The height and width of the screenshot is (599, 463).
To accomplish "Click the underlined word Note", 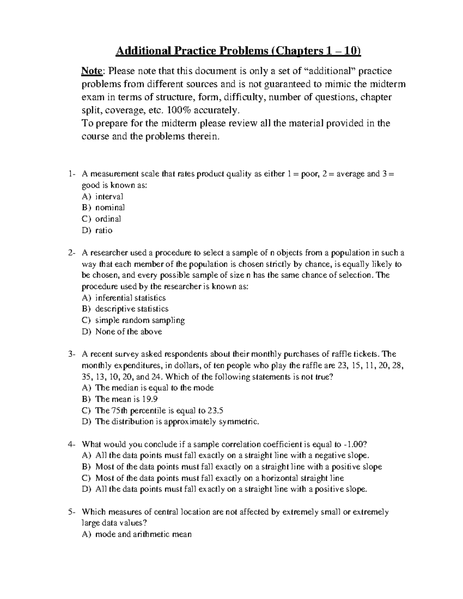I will click(92, 71).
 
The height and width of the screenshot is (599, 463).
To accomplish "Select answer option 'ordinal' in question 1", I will click(108, 219).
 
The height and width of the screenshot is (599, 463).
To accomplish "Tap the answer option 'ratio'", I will click(104, 230).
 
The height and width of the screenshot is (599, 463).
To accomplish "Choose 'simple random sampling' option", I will click(140, 320).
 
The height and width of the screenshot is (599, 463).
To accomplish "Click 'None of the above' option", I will click(128, 332).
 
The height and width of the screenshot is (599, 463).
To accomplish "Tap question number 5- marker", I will click(72, 512).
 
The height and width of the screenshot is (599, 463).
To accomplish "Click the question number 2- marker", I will click(72, 253).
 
